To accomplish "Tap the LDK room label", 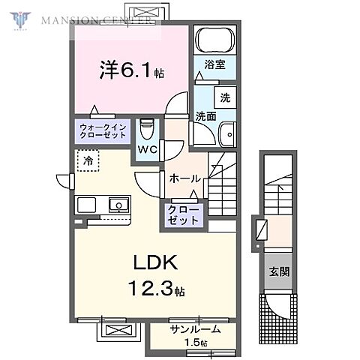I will pos(155,262).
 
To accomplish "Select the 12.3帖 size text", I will pos(160,288).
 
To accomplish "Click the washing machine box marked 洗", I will pos(223,97).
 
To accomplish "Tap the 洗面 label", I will pos(205,116).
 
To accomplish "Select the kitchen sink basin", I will pos(118,204).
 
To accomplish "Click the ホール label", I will pos(184,178).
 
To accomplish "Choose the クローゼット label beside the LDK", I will pos(183,214).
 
